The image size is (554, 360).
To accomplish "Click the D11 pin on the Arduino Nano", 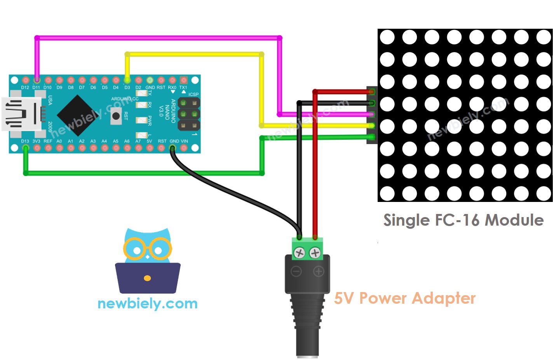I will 37,80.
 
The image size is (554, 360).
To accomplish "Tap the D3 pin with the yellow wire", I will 127,80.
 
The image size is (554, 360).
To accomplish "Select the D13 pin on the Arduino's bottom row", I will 25,148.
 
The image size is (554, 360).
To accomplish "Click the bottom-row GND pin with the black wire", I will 172,148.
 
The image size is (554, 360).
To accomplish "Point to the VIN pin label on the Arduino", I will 184,141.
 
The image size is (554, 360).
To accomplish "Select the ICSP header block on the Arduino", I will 188,114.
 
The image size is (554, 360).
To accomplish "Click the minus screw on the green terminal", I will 299,253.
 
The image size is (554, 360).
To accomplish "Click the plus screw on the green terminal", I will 315,253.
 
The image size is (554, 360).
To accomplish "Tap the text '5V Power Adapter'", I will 404,298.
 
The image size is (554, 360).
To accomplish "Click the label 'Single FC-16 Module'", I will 463,220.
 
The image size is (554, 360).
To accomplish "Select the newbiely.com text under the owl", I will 147,303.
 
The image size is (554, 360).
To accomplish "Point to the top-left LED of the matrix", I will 387,37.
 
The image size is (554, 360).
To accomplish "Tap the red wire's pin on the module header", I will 372,92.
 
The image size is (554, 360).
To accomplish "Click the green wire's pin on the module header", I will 372,137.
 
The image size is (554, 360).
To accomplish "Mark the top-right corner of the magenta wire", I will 279,38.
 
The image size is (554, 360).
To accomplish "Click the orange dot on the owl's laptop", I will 147,278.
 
